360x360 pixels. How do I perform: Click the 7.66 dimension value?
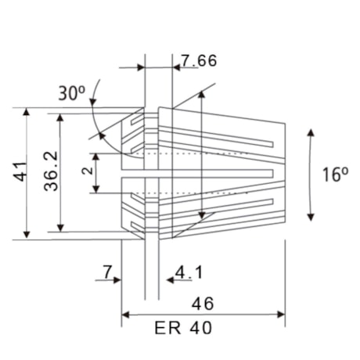tap(199, 60)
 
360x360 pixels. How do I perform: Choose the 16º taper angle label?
tap(335, 174)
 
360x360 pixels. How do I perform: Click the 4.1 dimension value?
tap(189, 272)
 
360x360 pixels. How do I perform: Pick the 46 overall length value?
tap(202, 303)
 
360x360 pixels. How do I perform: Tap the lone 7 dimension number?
tap(106, 272)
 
